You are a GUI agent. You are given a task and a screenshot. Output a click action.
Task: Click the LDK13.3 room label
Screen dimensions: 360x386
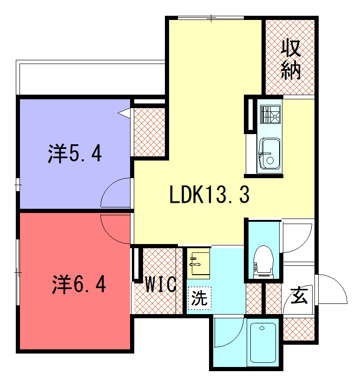tap(209, 194)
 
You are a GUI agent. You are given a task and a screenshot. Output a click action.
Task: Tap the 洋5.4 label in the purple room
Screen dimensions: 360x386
tap(75, 154)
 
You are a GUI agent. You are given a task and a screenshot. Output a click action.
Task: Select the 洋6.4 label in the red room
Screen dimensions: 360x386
tap(79, 284)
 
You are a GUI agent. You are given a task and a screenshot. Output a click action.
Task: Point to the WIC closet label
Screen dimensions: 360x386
tap(161, 284)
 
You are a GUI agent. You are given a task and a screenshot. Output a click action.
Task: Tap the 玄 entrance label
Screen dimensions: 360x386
tap(299, 295)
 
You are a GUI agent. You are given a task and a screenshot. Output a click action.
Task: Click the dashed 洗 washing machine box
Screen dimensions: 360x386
tap(200, 298)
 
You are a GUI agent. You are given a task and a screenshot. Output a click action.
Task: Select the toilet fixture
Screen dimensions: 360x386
tap(263, 262)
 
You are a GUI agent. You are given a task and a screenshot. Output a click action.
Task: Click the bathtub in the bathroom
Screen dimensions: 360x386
tap(263, 343)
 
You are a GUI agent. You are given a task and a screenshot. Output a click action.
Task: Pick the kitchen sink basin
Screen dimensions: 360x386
tap(270, 154)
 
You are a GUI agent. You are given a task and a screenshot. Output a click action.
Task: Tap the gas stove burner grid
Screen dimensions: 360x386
tap(270, 115)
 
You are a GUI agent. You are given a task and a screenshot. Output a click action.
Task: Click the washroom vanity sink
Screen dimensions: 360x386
tap(198, 264)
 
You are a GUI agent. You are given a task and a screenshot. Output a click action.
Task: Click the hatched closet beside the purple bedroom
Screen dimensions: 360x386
tap(149, 132)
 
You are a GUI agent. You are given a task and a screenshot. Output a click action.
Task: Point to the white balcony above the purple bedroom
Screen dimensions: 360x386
tap(90, 77)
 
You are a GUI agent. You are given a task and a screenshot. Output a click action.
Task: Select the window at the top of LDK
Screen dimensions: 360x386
tap(211, 18)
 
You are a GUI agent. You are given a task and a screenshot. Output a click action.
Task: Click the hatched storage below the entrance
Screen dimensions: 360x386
tap(299, 329)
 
